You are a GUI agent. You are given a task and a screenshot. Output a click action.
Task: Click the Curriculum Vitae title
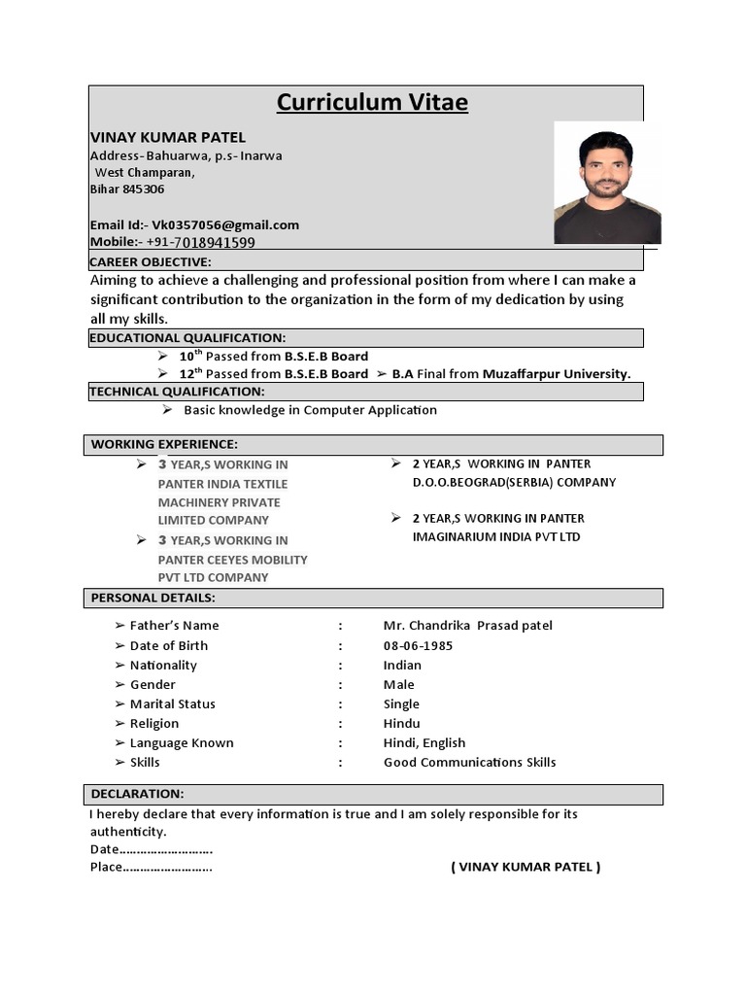tap(372, 103)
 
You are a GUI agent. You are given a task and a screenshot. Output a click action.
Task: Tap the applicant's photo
tap(607, 183)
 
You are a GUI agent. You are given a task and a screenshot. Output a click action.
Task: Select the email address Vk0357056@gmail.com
tap(225, 224)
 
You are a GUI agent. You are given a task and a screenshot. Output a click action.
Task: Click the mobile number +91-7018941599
tap(201, 242)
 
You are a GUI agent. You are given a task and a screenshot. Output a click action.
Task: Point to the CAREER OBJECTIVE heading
tap(151, 262)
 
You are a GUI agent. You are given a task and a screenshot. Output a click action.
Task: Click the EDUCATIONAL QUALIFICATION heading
tap(187, 337)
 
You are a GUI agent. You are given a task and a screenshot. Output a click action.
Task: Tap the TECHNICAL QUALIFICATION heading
tap(177, 392)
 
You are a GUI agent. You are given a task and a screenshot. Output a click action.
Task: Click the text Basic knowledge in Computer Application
tap(310, 410)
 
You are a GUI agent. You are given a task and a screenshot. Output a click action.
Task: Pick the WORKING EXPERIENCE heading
tap(164, 444)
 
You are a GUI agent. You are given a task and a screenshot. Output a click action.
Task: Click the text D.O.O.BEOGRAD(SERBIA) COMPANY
tap(514, 482)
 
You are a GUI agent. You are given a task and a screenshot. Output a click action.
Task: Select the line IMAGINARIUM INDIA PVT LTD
tap(496, 536)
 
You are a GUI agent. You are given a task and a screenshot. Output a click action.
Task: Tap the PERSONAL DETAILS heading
tap(153, 598)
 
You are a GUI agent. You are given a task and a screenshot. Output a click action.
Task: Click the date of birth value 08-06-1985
tap(418, 645)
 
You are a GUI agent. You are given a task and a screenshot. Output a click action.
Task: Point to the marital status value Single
tap(401, 703)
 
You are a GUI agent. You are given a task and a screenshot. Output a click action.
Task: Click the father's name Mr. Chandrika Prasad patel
tap(467, 626)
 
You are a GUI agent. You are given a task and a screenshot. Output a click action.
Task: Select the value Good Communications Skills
tap(469, 762)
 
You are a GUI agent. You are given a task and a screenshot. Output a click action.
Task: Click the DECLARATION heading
tap(137, 794)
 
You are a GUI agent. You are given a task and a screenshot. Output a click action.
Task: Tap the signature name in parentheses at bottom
tap(526, 867)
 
